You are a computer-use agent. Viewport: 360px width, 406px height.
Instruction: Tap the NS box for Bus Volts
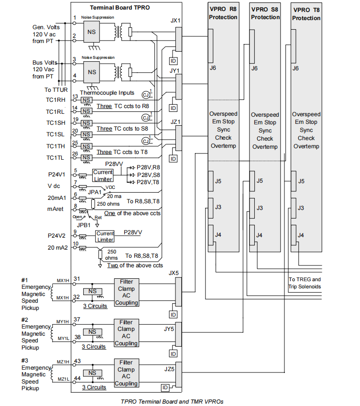(92, 72)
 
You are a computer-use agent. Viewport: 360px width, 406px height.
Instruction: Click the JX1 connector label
(175, 22)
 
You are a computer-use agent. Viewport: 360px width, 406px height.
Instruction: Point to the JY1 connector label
(175, 71)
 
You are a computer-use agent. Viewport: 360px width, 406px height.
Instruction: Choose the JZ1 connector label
(175, 122)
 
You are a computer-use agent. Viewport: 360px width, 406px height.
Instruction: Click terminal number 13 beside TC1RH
(75, 97)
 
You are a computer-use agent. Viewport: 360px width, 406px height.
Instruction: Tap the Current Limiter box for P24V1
(103, 176)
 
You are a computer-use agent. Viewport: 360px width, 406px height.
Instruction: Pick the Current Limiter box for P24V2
(105, 236)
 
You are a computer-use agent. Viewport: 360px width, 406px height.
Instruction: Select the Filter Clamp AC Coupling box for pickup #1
(126, 292)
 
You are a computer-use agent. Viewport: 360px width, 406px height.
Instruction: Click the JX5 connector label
(174, 273)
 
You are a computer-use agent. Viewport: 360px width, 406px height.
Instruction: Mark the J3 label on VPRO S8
(260, 208)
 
